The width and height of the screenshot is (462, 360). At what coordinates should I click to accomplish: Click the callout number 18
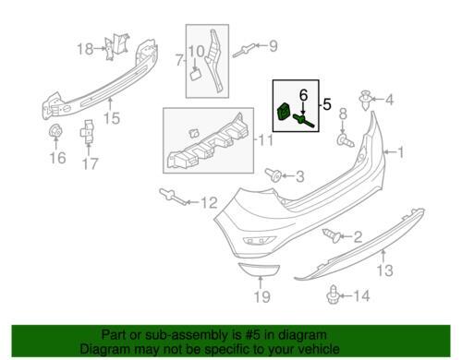(85, 49)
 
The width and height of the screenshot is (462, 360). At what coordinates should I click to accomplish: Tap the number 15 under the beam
(112, 118)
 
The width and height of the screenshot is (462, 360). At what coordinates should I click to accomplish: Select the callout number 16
(57, 158)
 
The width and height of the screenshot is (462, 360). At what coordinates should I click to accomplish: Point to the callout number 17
(90, 163)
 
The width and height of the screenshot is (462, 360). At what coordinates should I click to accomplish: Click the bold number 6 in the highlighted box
(304, 95)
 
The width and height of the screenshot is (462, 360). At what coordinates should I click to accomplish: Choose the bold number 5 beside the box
(327, 104)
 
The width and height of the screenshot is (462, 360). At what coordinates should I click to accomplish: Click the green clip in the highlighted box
(284, 112)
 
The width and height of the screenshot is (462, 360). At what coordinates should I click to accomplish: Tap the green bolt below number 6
(304, 121)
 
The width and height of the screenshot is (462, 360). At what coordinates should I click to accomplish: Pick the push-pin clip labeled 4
(365, 101)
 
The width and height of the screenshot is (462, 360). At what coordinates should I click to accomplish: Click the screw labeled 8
(346, 140)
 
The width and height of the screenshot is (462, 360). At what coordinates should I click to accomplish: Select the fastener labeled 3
(274, 174)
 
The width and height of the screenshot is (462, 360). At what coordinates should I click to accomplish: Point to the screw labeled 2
(332, 235)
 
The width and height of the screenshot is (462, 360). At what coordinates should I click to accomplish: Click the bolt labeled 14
(333, 294)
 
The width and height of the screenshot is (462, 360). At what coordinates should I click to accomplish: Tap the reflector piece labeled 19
(259, 270)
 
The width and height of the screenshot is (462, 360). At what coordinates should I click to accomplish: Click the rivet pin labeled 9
(244, 51)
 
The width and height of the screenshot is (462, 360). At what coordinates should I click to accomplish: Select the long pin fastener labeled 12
(174, 197)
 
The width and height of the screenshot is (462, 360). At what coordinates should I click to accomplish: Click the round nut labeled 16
(55, 132)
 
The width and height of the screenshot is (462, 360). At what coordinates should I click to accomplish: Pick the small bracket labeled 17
(89, 131)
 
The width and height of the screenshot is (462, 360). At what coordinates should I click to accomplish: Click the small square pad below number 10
(195, 75)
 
